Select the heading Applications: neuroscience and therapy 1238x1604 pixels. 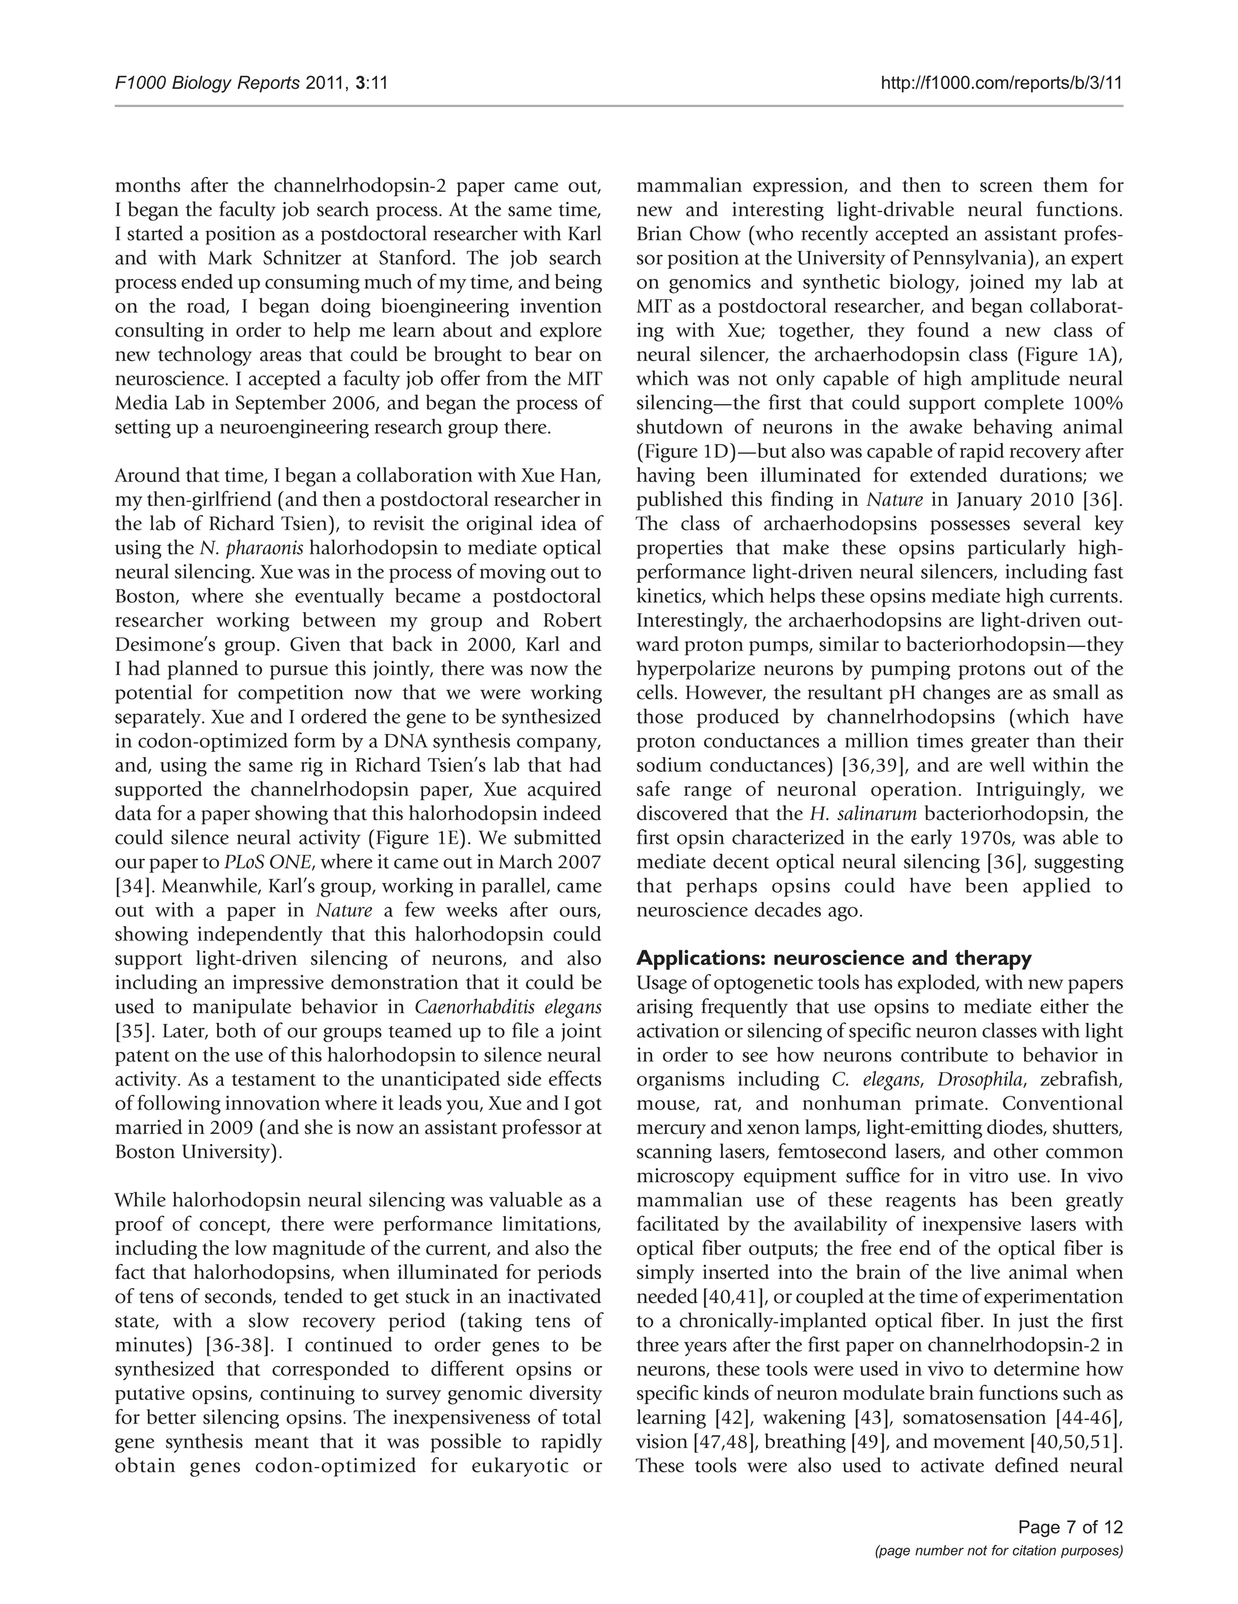click(x=834, y=958)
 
